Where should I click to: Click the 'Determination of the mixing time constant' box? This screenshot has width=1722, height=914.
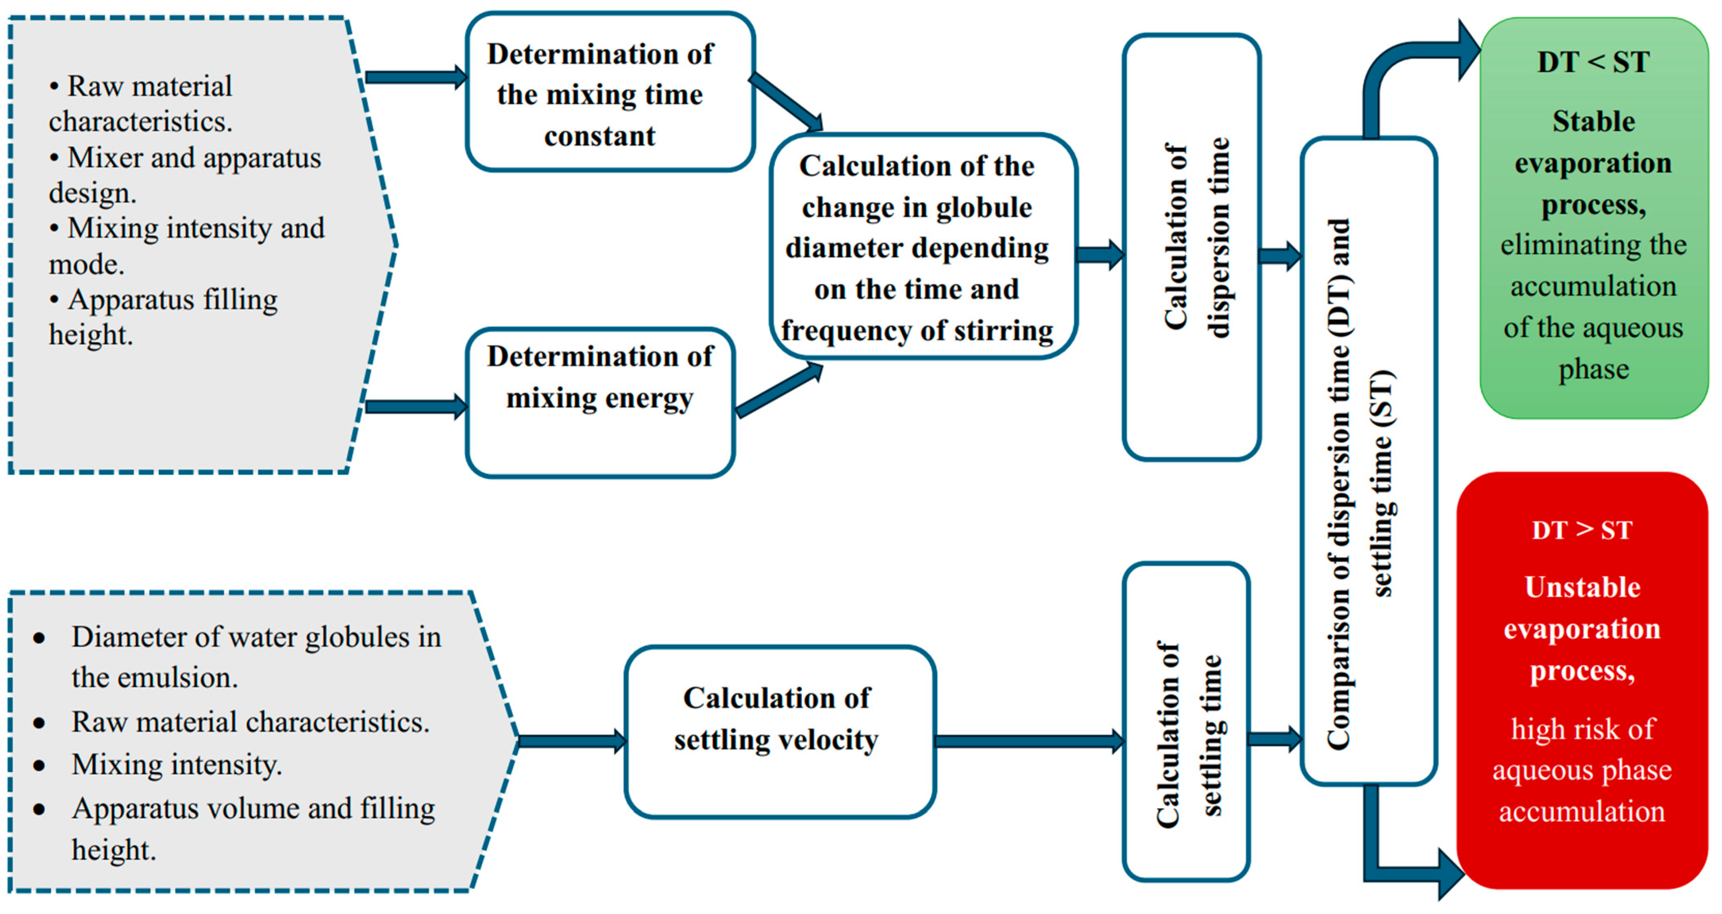(610, 92)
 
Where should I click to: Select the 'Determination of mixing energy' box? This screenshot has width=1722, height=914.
(599, 403)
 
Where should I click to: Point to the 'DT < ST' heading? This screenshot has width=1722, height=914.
(1593, 62)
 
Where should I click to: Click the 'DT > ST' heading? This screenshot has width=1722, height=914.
(1582, 530)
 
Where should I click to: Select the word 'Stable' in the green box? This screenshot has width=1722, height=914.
(1593, 122)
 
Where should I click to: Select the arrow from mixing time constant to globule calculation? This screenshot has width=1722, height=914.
(786, 102)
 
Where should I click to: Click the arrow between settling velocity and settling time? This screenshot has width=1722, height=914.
(1030, 741)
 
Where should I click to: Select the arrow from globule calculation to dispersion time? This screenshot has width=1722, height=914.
(1100, 255)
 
